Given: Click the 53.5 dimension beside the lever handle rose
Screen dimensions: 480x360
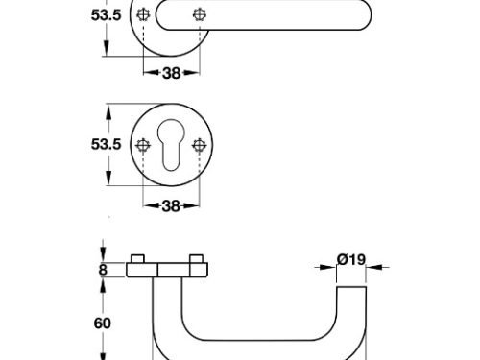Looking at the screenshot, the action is (107, 15).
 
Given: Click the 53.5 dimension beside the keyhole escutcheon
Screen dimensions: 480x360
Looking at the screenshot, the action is (107, 144).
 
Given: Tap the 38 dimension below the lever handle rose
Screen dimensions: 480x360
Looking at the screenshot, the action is (172, 73).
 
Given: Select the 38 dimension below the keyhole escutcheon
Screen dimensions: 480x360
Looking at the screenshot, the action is (171, 206).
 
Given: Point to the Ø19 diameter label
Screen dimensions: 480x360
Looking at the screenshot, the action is (351, 259).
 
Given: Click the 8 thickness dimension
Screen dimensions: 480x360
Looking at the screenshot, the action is (103, 270).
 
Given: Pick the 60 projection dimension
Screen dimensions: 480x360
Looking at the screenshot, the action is (103, 324).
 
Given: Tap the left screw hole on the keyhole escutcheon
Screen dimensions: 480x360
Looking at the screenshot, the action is (143, 146).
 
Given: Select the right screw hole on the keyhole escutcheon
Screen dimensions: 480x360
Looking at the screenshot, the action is (199, 146).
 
